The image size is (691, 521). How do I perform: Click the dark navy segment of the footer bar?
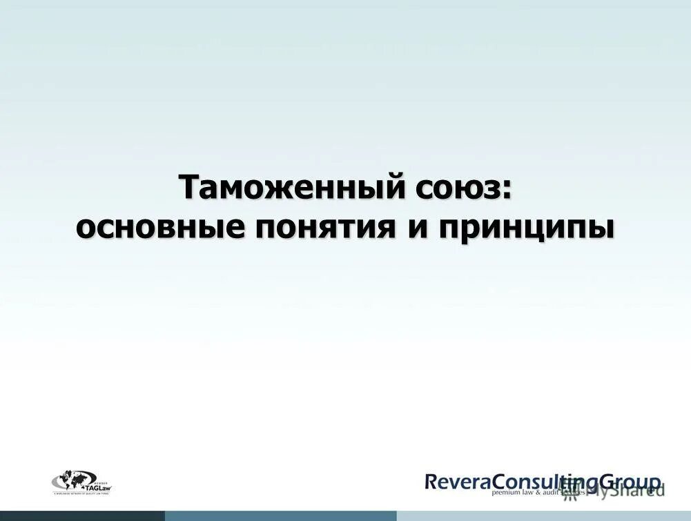coord(82,515)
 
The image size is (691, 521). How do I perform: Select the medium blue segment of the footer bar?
coord(280,515)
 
